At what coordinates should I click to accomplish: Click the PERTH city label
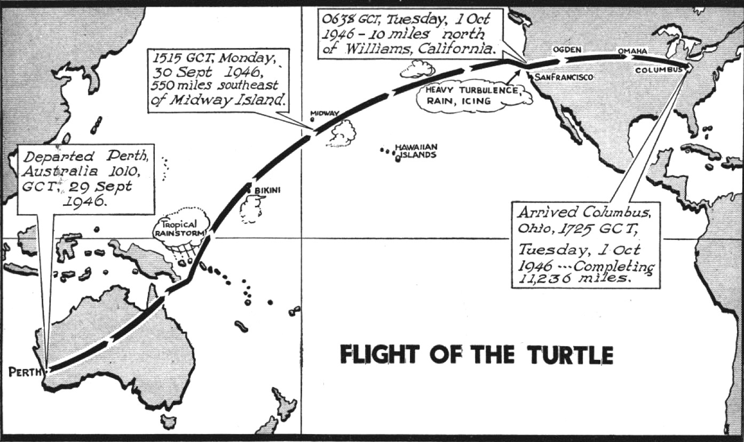[24, 372]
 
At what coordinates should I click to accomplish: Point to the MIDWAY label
[325, 114]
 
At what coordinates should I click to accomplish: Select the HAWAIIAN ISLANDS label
[416, 151]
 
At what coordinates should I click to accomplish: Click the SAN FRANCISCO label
[564, 77]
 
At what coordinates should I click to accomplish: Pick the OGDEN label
[566, 49]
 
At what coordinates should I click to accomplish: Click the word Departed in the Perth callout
[49, 157]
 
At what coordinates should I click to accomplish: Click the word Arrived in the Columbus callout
[544, 212]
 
